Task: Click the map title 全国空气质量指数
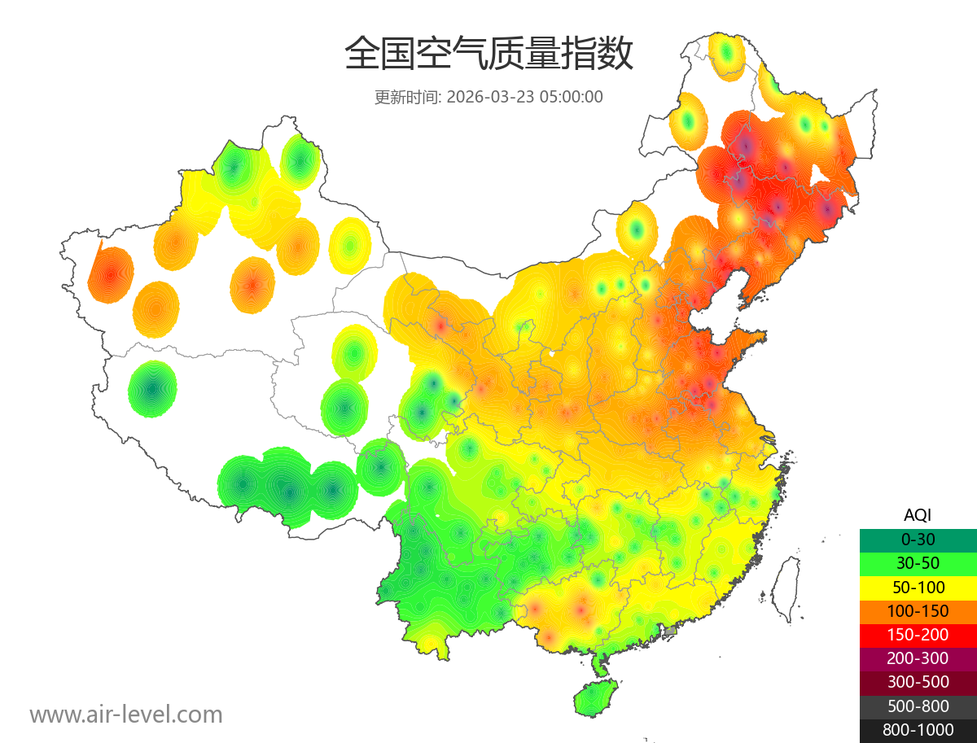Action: tap(488, 55)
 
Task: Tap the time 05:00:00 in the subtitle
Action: tap(571, 97)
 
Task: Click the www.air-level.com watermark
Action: tap(126, 715)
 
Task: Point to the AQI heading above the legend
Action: tap(918, 514)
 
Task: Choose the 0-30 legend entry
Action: tap(918, 540)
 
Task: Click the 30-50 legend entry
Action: tap(918, 563)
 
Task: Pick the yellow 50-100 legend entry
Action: tap(918, 587)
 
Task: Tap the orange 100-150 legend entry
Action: tap(918, 611)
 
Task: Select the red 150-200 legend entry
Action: tap(918, 635)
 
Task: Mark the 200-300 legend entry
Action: tap(918, 658)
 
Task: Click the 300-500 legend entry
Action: tap(918, 682)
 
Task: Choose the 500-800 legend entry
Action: tap(918, 706)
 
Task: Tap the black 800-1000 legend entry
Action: tap(918, 730)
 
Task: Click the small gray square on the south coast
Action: tap(670, 631)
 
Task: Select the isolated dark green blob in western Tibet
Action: tap(152, 389)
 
